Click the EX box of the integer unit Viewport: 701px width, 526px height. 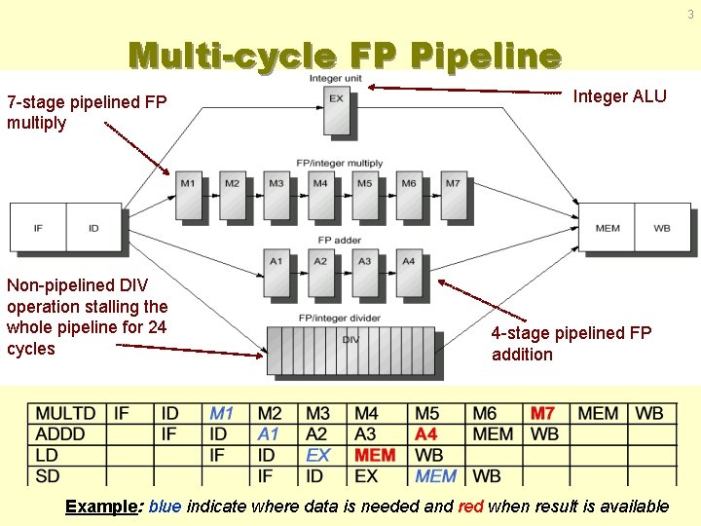tap(336, 110)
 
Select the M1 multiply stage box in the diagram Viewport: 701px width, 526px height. tap(188, 195)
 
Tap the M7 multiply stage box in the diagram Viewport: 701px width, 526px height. tap(453, 195)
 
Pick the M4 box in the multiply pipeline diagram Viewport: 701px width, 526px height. tap(320, 195)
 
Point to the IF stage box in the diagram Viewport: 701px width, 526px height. tap(38, 228)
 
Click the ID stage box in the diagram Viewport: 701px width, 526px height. tap(93, 228)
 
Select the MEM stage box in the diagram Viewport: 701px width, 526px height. tap(607, 228)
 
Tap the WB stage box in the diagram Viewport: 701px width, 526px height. tap(662, 228)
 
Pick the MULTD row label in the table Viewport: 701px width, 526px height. tap(65, 414)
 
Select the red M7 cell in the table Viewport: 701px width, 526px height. tap(542, 414)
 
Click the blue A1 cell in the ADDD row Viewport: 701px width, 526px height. tap(269, 434)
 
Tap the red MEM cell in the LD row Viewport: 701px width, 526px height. tap(375, 455)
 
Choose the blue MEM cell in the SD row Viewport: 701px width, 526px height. tap(435, 476)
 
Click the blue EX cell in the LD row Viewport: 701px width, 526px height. tap(318, 455)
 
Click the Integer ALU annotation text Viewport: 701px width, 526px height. tap(619, 95)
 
